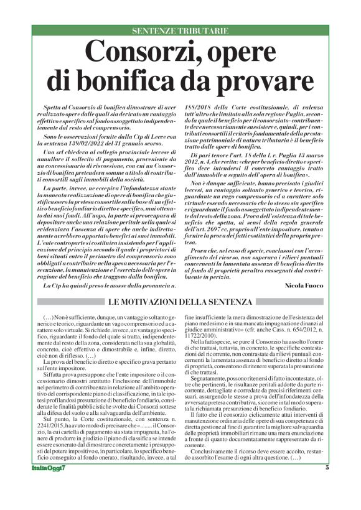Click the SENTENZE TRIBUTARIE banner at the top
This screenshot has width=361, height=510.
pyautogui.click(x=180, y=30)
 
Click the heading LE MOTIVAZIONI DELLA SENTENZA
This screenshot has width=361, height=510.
pyautogui.click(x=180, y=302)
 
